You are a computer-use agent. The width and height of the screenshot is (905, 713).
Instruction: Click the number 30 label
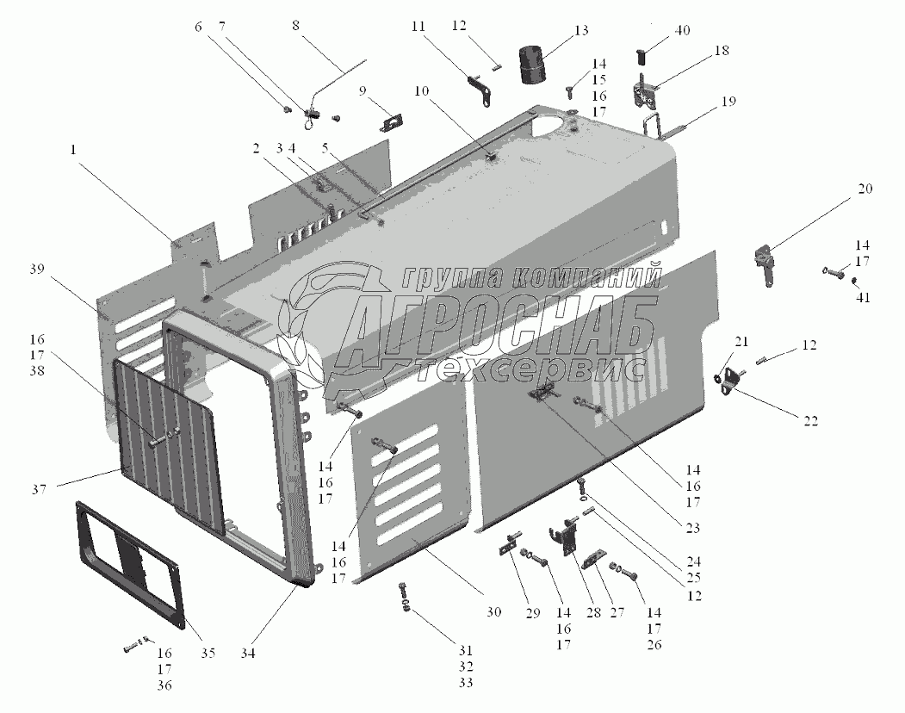[493, 613]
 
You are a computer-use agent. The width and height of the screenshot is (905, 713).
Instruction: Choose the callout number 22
[811, 421]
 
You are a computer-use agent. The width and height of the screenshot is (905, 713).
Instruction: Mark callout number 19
[728, 101]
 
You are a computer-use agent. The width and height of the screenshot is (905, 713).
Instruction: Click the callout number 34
[247, 654]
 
